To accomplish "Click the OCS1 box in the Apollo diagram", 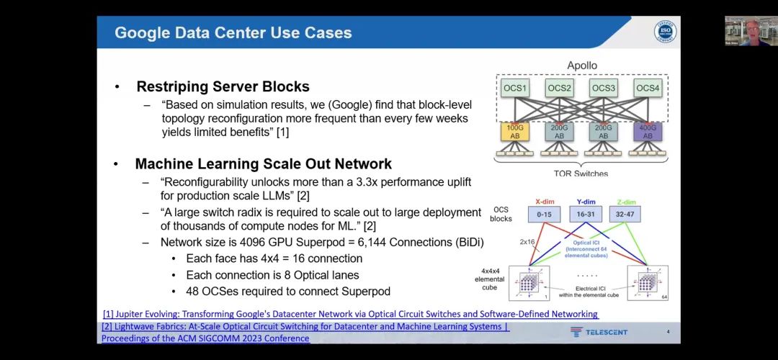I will [x=516, y=89].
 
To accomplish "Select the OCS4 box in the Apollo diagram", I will [x=648, y=89].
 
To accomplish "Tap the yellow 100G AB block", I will [x=515, y=131].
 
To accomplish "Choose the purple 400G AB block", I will [x=648, y=131].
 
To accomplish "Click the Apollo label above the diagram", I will [x=582, y=66].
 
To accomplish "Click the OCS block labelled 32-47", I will [x=624, y=214].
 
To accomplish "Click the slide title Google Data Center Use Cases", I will [x=233, y=32].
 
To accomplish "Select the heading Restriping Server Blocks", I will [x=223, y=87].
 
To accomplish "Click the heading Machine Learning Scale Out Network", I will [x=263, y=163].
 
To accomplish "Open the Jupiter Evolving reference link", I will [x=350, y=314].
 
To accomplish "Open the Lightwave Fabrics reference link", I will [x=305, y=327].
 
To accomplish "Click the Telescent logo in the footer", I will [x=599, y=332].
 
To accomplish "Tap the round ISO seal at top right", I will [x=665, y=32].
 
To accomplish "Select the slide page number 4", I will [x=668, y=332].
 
